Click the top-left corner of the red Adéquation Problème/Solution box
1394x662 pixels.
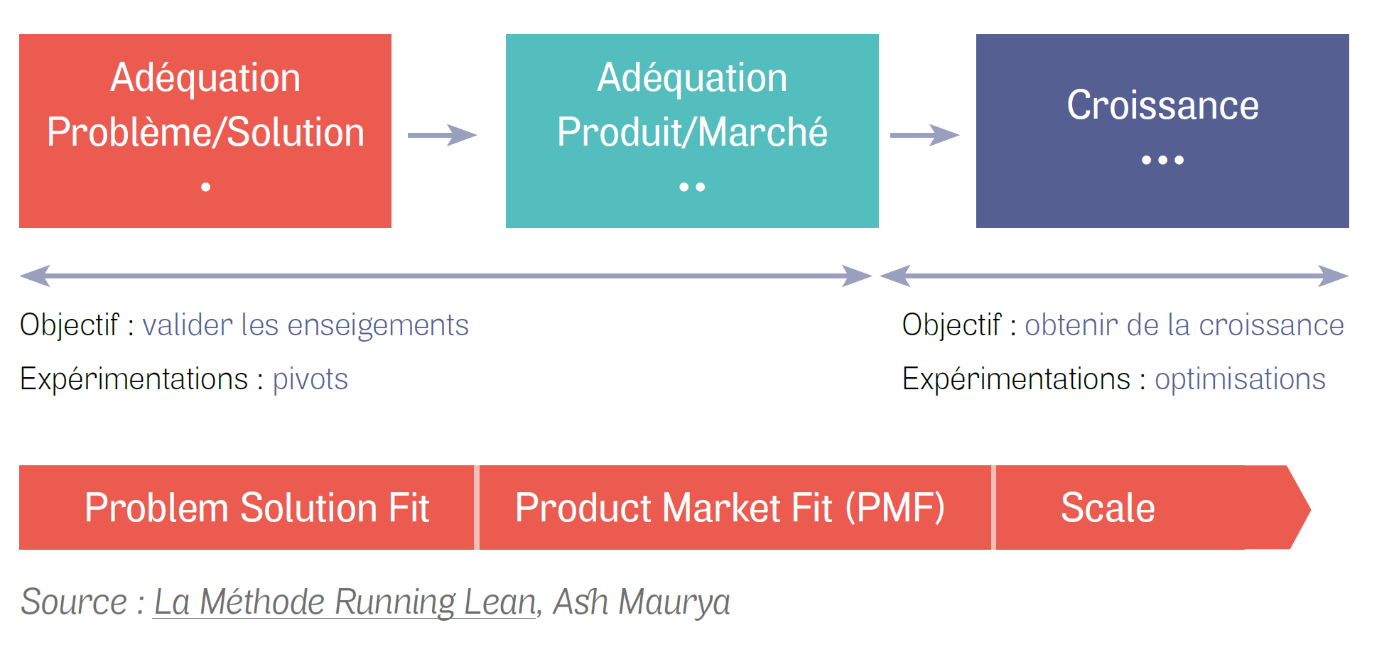[19, 34]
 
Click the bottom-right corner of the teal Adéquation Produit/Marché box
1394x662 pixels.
[879, 228]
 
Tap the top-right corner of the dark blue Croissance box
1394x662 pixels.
[1349, 34]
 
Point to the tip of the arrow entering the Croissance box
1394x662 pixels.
[960, 135]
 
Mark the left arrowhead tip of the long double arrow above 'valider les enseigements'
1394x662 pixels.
[20, 276]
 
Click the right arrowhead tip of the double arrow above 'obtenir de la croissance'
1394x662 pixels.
[1349, 276]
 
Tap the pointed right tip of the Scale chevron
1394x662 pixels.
[1311, 508]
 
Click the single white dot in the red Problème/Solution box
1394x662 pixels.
[206, 187]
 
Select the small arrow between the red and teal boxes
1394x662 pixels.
[442, 135]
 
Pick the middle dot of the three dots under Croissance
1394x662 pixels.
[1163, 160]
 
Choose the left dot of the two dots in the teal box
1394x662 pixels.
[684, 187]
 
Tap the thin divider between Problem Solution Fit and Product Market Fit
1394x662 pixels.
[477, 508]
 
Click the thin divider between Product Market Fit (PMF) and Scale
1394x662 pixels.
[993, 508]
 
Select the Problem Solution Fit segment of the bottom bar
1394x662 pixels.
[247, 508]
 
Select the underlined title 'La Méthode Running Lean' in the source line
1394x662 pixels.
[345, 602]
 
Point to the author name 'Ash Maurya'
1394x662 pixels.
[642, 602]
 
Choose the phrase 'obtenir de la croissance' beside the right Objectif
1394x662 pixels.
[1184, 325]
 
